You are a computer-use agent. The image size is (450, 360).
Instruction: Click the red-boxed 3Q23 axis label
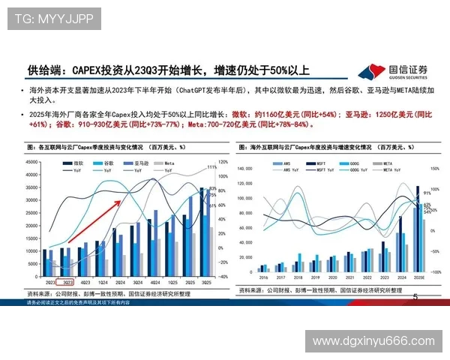coord(67,283)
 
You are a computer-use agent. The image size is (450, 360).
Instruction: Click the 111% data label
coord(211,178)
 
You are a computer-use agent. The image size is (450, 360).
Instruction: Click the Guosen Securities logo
coord(394,71)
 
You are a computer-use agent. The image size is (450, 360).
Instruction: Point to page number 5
coord(415,297)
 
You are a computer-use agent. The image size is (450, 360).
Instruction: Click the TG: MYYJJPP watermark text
coord(55,19)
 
